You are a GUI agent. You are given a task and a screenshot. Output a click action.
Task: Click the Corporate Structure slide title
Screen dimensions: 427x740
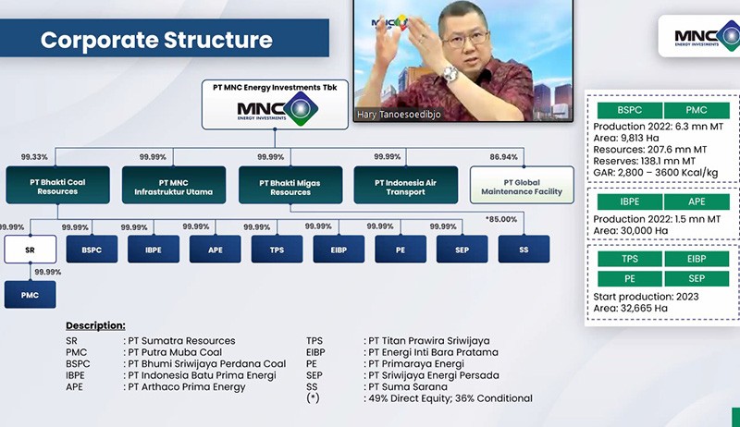point(156,40)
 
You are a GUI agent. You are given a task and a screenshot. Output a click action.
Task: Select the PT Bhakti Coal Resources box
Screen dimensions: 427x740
point(57,186)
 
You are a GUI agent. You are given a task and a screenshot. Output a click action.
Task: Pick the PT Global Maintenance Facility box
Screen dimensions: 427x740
point(522,186)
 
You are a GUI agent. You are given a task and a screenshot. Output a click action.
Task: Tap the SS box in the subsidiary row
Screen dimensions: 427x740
point(523,250)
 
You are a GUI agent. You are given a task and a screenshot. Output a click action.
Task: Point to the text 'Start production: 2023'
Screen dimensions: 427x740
point(647,296)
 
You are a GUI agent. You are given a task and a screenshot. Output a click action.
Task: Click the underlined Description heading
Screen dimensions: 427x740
point(95,326)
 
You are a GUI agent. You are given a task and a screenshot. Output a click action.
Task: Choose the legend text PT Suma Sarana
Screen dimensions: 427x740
point(407,386)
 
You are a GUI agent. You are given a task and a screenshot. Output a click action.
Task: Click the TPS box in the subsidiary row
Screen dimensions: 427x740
point(277,250)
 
